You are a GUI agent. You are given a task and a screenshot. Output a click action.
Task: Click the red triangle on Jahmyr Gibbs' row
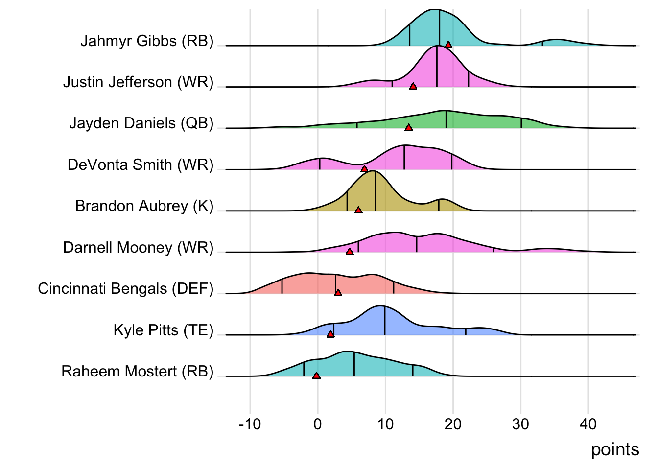click(x=448, y=45)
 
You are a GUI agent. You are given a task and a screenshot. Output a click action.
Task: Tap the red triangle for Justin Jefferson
click(x=413, y=86)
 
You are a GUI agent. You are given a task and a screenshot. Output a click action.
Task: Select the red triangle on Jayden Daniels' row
click(x=408, y=127)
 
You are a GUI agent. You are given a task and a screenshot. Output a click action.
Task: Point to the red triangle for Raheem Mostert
click(x=316, y=376)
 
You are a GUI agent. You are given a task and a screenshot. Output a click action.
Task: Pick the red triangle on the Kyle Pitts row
click(x=330, y=334)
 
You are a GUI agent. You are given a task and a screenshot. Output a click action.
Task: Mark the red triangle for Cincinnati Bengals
click(x=338, y=293)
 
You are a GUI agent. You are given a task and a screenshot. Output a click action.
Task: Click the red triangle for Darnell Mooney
click(x=349, y=252)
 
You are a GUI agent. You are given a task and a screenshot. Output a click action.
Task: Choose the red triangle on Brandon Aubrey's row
click(x=358, y=210)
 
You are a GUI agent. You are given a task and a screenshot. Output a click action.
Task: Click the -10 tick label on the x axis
click(x=250, y=424)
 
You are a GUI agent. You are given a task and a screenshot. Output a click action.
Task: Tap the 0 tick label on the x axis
click(x=318, y=424)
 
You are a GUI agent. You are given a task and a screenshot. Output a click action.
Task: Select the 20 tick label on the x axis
click(x=453, y=424)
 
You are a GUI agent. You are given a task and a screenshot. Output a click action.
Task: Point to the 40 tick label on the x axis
click(x=588, y=424)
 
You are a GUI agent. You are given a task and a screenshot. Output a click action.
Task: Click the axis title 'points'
click(x=614, y=449)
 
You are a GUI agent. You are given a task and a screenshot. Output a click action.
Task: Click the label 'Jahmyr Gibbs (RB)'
click(x=147, y=41)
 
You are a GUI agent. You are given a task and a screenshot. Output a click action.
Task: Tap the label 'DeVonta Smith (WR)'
click(x=141, y=165)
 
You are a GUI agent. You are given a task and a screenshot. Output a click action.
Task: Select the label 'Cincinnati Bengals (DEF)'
click(x=126, y=289)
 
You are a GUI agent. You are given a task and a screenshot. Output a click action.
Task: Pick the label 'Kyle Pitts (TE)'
click(x=164, y=330)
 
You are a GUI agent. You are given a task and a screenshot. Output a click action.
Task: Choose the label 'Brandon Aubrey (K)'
click(x=144, y=206)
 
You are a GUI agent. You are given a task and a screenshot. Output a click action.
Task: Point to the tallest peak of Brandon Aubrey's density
click(x=374, y=172)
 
